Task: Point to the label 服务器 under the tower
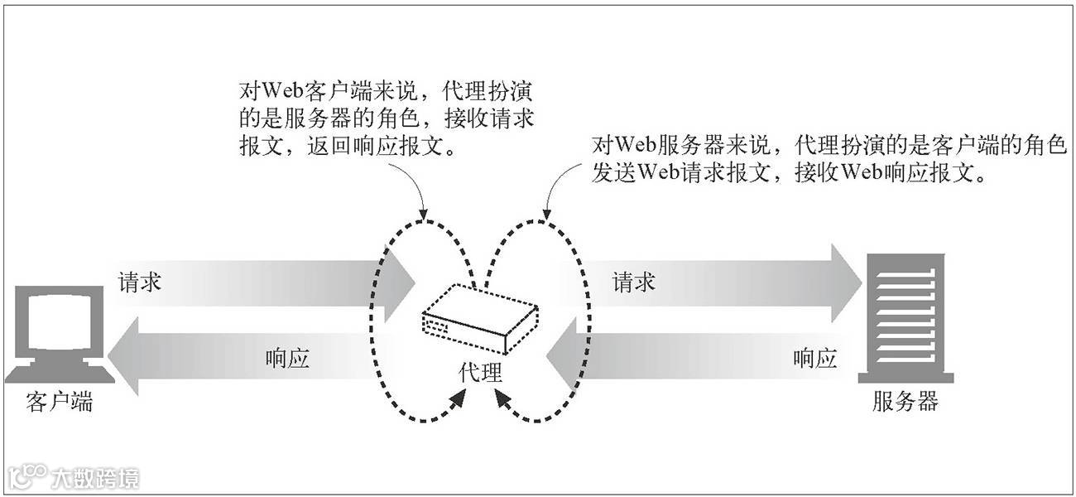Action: tap(905, 403)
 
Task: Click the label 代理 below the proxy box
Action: tap(480, 374)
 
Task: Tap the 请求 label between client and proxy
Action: tap(140, 282)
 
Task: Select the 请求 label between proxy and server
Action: tap(634, 282)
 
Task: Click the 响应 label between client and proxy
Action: tap(287, 359)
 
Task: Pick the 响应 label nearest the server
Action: tap(814, 359)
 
